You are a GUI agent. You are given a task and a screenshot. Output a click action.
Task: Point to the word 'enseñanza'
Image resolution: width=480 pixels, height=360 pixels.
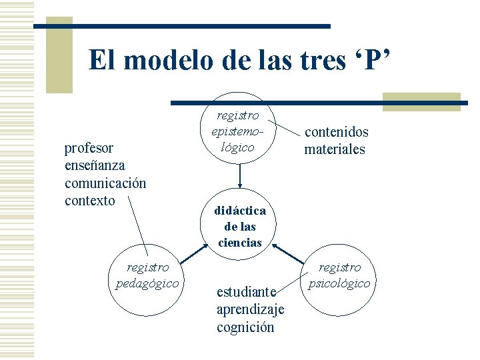[x=95, y=165]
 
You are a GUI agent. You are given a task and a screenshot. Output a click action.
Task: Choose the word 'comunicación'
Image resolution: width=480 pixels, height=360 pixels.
[x=105, y=183]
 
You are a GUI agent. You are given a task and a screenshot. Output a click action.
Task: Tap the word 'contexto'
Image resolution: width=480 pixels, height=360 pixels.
[x=90, y=200]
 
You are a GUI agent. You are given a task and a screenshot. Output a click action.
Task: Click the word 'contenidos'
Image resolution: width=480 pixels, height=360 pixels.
[x=337, y=132]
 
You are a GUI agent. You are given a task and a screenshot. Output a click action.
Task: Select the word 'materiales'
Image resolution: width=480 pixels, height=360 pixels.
[x=335, y=149]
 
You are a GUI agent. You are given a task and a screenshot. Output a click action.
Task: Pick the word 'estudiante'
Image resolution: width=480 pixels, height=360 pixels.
[x=246, y=292]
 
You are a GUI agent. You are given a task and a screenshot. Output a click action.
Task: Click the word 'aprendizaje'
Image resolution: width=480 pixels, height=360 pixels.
[x=251, y=309]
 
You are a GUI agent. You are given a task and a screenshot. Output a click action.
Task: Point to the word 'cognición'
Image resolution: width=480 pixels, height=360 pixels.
[x=245, y=327]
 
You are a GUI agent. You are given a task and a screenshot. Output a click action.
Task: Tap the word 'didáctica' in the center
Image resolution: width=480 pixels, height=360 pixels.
[x=240, y=211]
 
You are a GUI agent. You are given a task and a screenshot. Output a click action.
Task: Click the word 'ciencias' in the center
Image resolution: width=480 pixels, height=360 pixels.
[x=240, y=243]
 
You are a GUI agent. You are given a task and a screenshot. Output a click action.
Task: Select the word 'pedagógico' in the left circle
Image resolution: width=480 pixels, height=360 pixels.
[x=147, y=283]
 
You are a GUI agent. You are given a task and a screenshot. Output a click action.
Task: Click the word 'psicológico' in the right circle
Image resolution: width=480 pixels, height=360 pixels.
[x=339, y=283]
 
